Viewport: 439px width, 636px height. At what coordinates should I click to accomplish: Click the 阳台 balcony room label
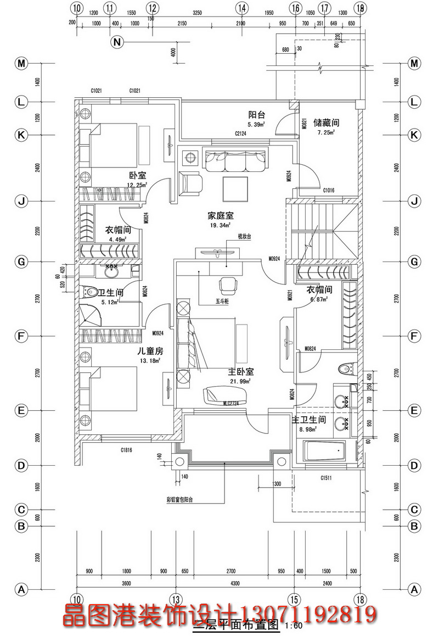(257, 115)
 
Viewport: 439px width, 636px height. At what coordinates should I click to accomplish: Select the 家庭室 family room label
(219, 215)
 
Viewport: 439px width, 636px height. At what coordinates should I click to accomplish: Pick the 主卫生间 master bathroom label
(308, 420)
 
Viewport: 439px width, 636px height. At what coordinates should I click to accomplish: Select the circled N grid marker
(117, 42)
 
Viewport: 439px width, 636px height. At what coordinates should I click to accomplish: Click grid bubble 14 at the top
(240, 8)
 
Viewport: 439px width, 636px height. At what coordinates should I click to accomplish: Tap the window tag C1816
(127, 449)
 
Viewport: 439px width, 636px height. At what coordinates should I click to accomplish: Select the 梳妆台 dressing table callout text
(244, 237)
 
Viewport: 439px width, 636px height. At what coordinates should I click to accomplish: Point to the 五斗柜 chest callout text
(222, 301)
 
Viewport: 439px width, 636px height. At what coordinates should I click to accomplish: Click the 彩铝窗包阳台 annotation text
(180, 500)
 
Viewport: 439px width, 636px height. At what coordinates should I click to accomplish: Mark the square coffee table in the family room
(235, 189)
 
